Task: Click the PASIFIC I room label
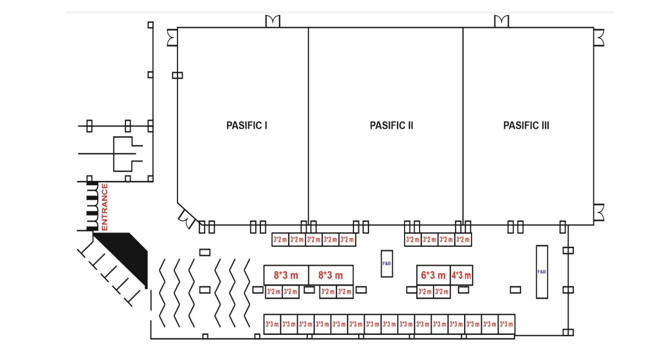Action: [247, 126]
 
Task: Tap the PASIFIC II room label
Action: [391, 126]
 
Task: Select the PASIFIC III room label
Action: [526, 126]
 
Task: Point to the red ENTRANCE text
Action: [104, 207]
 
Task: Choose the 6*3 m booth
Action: [433, 275]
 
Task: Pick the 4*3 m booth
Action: [461, 275]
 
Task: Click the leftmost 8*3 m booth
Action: [286, 275]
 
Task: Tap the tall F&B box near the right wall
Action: [542, 272]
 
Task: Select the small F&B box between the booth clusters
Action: [387, 263]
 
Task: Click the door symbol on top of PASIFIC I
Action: [273, 21]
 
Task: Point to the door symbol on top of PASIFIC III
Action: [502, 21]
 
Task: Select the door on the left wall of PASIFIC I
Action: [172, 38]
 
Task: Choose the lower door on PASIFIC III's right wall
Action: [599, 212]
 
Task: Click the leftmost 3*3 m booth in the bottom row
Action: [272, 324]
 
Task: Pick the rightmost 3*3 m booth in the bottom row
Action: [506, 324]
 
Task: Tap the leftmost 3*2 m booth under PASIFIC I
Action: [280, 239]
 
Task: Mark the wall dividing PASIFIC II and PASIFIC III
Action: [463, 126]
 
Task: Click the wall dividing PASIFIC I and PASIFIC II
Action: [309, 126]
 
